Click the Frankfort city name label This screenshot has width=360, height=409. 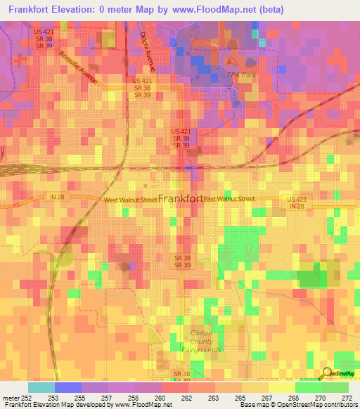tap(181, 199)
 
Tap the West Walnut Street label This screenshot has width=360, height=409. tap(130, 200)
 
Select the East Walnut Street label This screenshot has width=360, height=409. tap(229, 200)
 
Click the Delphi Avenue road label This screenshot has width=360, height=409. tap(147, 51)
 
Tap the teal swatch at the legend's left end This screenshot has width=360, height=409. tap(41, 387)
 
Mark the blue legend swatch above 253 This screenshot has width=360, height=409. tap(67, 387)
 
